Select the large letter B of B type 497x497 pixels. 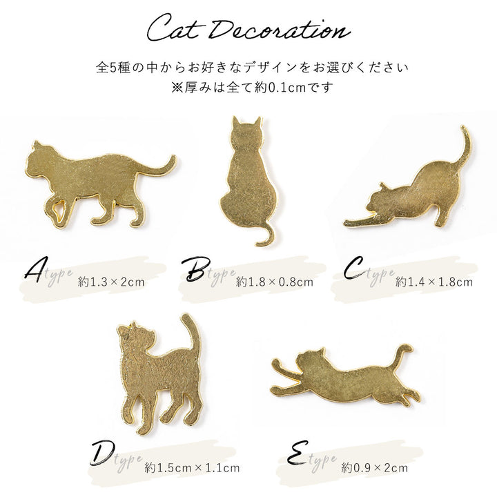pos(195,269)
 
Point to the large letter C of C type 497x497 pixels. pos(355,269)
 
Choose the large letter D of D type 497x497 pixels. pos(102,454)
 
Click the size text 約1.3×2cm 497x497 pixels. pos(111,282)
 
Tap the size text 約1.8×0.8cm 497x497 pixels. pos(275,282)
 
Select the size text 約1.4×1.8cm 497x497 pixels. pos(434,282)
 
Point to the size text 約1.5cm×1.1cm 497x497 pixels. pos(192,467)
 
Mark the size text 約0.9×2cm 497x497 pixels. pos(374,467)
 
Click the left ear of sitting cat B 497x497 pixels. pos(235,121)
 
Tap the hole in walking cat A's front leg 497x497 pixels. pos(58,210)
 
